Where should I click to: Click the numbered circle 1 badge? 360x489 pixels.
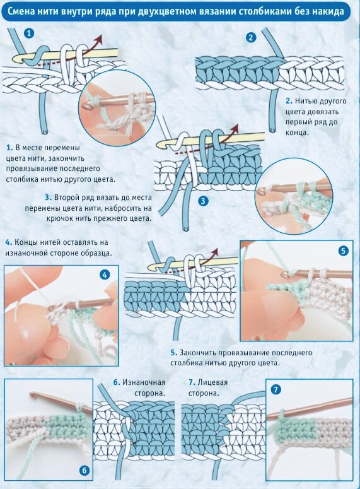29,33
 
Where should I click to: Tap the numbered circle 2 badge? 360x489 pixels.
251,38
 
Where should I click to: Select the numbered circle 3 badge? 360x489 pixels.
203,201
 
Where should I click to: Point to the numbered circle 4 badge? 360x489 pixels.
105,275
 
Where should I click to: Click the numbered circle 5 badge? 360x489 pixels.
343,250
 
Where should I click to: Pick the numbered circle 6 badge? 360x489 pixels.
84,471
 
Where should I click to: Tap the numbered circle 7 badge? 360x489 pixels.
276,389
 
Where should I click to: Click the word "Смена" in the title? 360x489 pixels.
20,11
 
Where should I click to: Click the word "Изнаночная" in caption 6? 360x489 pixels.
143,382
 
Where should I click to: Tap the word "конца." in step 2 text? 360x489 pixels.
297,133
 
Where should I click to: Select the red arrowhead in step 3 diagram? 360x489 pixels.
235,127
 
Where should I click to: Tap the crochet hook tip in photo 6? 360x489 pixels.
32,394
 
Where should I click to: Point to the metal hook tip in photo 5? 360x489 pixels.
284,274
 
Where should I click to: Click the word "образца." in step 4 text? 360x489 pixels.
96,253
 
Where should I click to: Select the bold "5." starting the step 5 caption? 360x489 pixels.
173,353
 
